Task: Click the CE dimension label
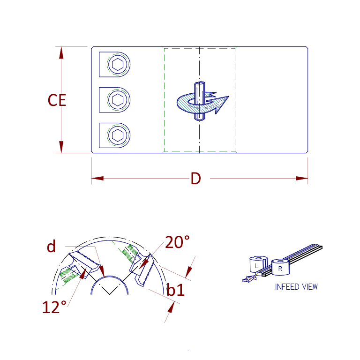(57, 100)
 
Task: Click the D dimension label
(195, 178)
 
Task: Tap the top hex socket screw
(119, 64)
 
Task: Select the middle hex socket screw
(119, 100)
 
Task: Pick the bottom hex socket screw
(119, 135)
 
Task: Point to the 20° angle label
(177, 242)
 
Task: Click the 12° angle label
(54, 307)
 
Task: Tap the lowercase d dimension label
(52, 246)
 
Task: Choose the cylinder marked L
(256, 265)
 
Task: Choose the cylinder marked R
(280, 268)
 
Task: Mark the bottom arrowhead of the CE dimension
(61, 148)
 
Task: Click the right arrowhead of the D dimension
(302, 178)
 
